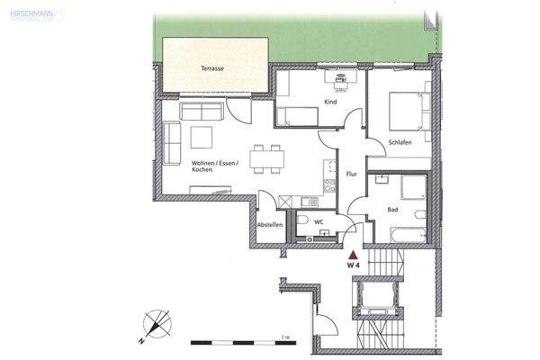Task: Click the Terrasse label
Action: tap(213, 68)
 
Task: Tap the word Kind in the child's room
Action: tap(330, 103)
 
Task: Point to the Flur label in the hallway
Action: tap(353, 173)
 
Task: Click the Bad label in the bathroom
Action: tap(392, 209)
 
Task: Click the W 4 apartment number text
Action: tap(353, 265)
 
